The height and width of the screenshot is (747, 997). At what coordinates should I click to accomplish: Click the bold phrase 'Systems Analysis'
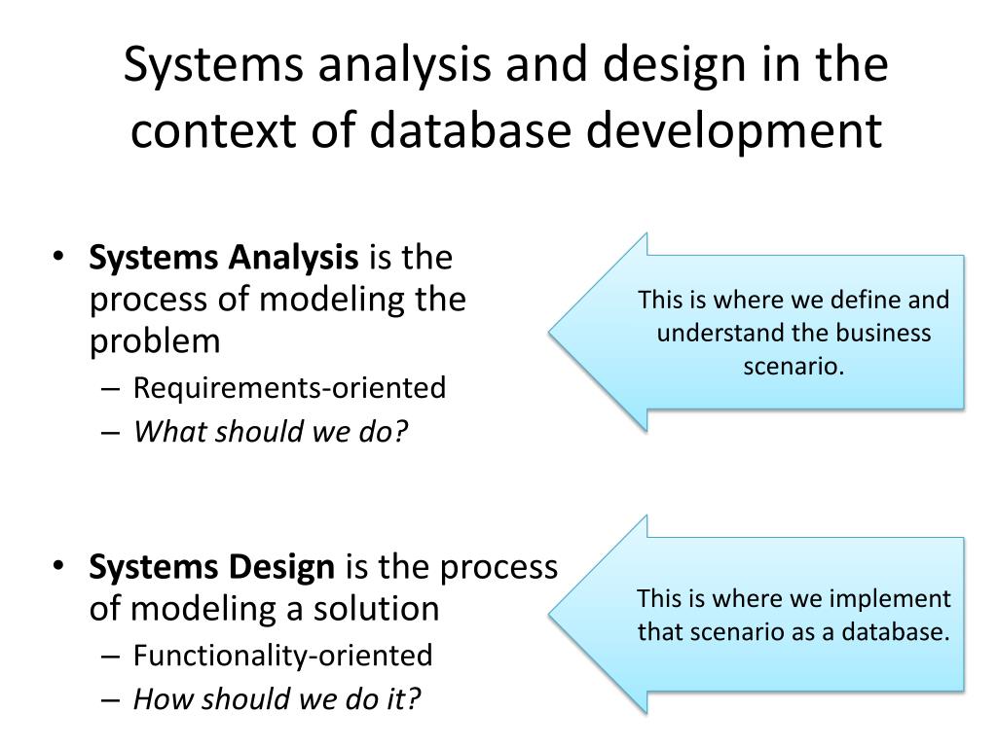click(223, 258)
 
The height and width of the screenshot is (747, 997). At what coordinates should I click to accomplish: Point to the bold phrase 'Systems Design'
click(211, 566)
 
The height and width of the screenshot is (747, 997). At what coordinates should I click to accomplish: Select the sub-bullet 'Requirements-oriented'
click(289, 388)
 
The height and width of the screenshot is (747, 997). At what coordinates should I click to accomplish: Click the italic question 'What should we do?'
click(270, 431)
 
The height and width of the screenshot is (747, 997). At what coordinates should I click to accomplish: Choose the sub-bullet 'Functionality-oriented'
click(282, 656)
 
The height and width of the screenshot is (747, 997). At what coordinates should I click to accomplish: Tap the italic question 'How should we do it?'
click(277, 698)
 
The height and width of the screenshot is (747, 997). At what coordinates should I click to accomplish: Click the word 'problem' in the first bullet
click(155, 341)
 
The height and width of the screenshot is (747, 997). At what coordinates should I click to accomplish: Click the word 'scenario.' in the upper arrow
click(794, 367)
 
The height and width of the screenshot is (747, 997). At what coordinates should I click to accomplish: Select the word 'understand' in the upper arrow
click(718, 333)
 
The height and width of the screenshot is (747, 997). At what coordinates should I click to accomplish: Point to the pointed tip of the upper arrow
click(551, 332)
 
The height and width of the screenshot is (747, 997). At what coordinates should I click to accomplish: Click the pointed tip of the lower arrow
click(551, 615)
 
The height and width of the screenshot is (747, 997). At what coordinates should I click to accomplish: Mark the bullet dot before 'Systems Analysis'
click(60, 258)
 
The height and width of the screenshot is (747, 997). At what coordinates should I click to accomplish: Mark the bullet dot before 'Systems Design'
click(60, 566)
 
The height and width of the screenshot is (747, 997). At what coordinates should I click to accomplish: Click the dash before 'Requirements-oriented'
click(111, 389)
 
